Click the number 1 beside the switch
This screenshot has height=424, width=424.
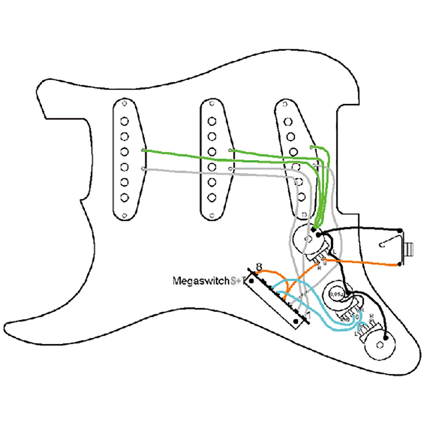click(x=308, y=315)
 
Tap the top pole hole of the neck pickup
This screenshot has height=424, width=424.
click(x=124, y=121)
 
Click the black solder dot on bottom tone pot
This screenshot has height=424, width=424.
click(x=385, y=338)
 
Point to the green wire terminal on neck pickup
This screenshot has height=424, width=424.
click(x=142, y=151)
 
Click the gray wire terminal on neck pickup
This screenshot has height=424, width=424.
click(x=142, y=169)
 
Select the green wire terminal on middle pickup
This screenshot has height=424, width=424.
click(x=230, y=151)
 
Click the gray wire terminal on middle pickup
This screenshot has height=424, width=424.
click(x=230, y=169)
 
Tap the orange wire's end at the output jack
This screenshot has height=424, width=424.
click(x=400, y=265)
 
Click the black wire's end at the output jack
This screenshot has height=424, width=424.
click(x=400, y=229)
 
